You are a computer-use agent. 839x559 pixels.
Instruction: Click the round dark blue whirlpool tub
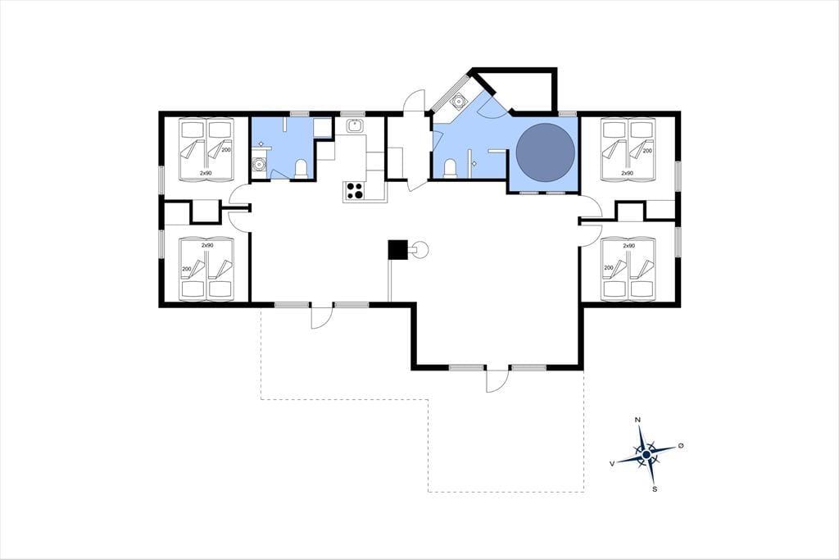(545, 152)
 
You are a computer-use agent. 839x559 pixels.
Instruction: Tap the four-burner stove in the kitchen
(354, 190)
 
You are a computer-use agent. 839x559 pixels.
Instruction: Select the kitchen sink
(355, 126)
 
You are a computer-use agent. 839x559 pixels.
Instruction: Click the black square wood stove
(398, 249)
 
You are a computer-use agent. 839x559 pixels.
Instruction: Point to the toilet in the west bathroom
(302, 168)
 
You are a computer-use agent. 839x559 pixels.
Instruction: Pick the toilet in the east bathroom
(451, 167)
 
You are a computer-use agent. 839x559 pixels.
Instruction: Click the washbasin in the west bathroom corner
(260, 163)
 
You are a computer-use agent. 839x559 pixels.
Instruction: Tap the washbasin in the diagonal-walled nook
(458, 101)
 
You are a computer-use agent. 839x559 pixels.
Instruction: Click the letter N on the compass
(637, 420)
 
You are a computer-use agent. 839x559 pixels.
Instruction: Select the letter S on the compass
(655, 489)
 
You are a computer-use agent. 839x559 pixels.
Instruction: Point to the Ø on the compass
(681, 446)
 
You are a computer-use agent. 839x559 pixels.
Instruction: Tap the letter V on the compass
(611, 464)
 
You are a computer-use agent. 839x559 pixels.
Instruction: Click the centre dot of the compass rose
(646, 455)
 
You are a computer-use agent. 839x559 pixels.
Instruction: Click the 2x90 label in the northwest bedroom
(206, 173)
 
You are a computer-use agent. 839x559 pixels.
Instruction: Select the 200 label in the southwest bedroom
(187, 269)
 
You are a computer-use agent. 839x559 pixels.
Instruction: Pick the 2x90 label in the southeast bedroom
(628, 246)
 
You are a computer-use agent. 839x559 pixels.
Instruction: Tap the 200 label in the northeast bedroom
(647, 151)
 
